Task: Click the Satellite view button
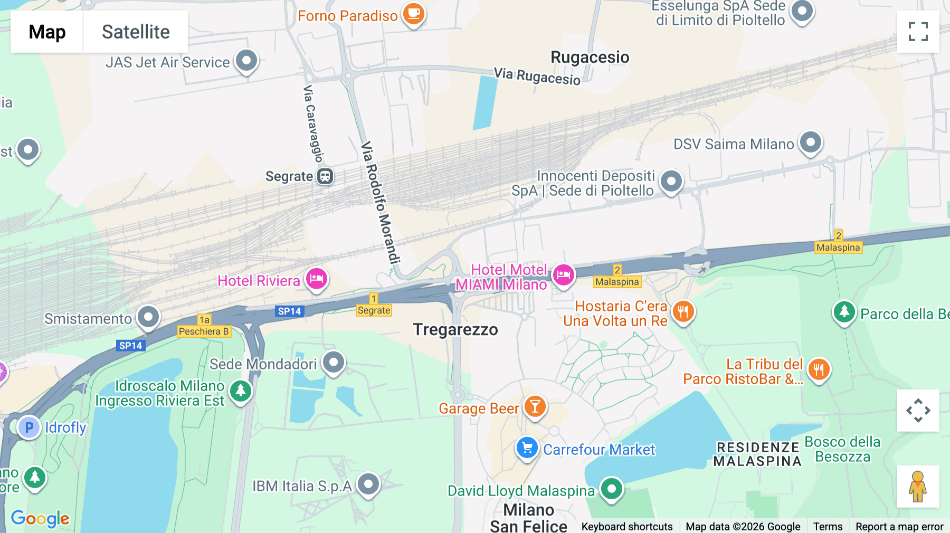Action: pyautogui.click(x=136, y=32)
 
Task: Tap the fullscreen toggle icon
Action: pyautogui.click(x=918, y=32)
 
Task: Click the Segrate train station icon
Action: pyautogui.click(x=325, y=176)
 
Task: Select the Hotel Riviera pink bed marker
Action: pyautogui.click(x=317, y=278)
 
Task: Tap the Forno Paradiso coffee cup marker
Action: pyautogui.click(x=413, y=13)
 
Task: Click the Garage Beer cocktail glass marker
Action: pyautogui.click(x=535, y=407)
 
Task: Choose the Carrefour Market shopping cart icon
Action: pyautogui.click(x=527, y=448)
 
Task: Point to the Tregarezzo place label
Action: pyautogui.click(x=455, y=330)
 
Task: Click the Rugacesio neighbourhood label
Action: pyautogui.click(x=590, y=57)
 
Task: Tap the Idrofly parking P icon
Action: pyautogui.click(x=29, y=427)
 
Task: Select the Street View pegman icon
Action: pyautogui.click(x=918, y=487)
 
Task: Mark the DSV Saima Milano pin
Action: pyautogui.click(x=811, y=142)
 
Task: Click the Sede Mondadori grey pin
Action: pyautogui.click(x=334, y=362)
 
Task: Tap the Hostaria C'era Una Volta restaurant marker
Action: pyautogui.click(x=683, y=311)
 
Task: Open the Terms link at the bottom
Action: pyautogui.click(x=828, y=526)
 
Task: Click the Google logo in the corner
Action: pyautogui.click(x=40, y=518)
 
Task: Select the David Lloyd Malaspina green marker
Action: pyautogui.click(x=611, y=489)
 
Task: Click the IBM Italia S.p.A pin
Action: pyautogui.click(x=368, y=483)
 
